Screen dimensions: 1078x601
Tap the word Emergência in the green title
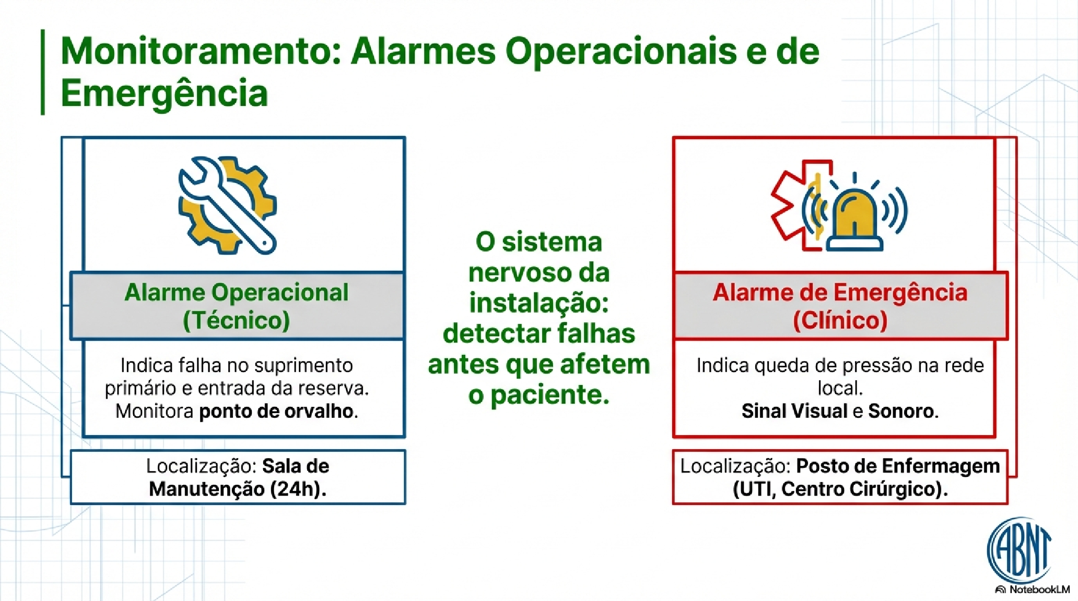165,93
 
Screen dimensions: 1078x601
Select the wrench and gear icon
228,205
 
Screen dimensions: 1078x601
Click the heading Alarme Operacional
237,292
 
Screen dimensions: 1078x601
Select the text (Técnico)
237,320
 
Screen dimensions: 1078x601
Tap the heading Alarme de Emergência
840,292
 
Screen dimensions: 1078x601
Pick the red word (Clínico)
840,320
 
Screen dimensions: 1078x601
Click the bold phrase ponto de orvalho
276,412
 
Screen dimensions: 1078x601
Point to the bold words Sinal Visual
794,411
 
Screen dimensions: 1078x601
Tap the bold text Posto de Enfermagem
898,466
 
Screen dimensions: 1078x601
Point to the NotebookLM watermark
1033,590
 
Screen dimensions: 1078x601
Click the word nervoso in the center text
520,273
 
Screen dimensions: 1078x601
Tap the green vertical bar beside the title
43,72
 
